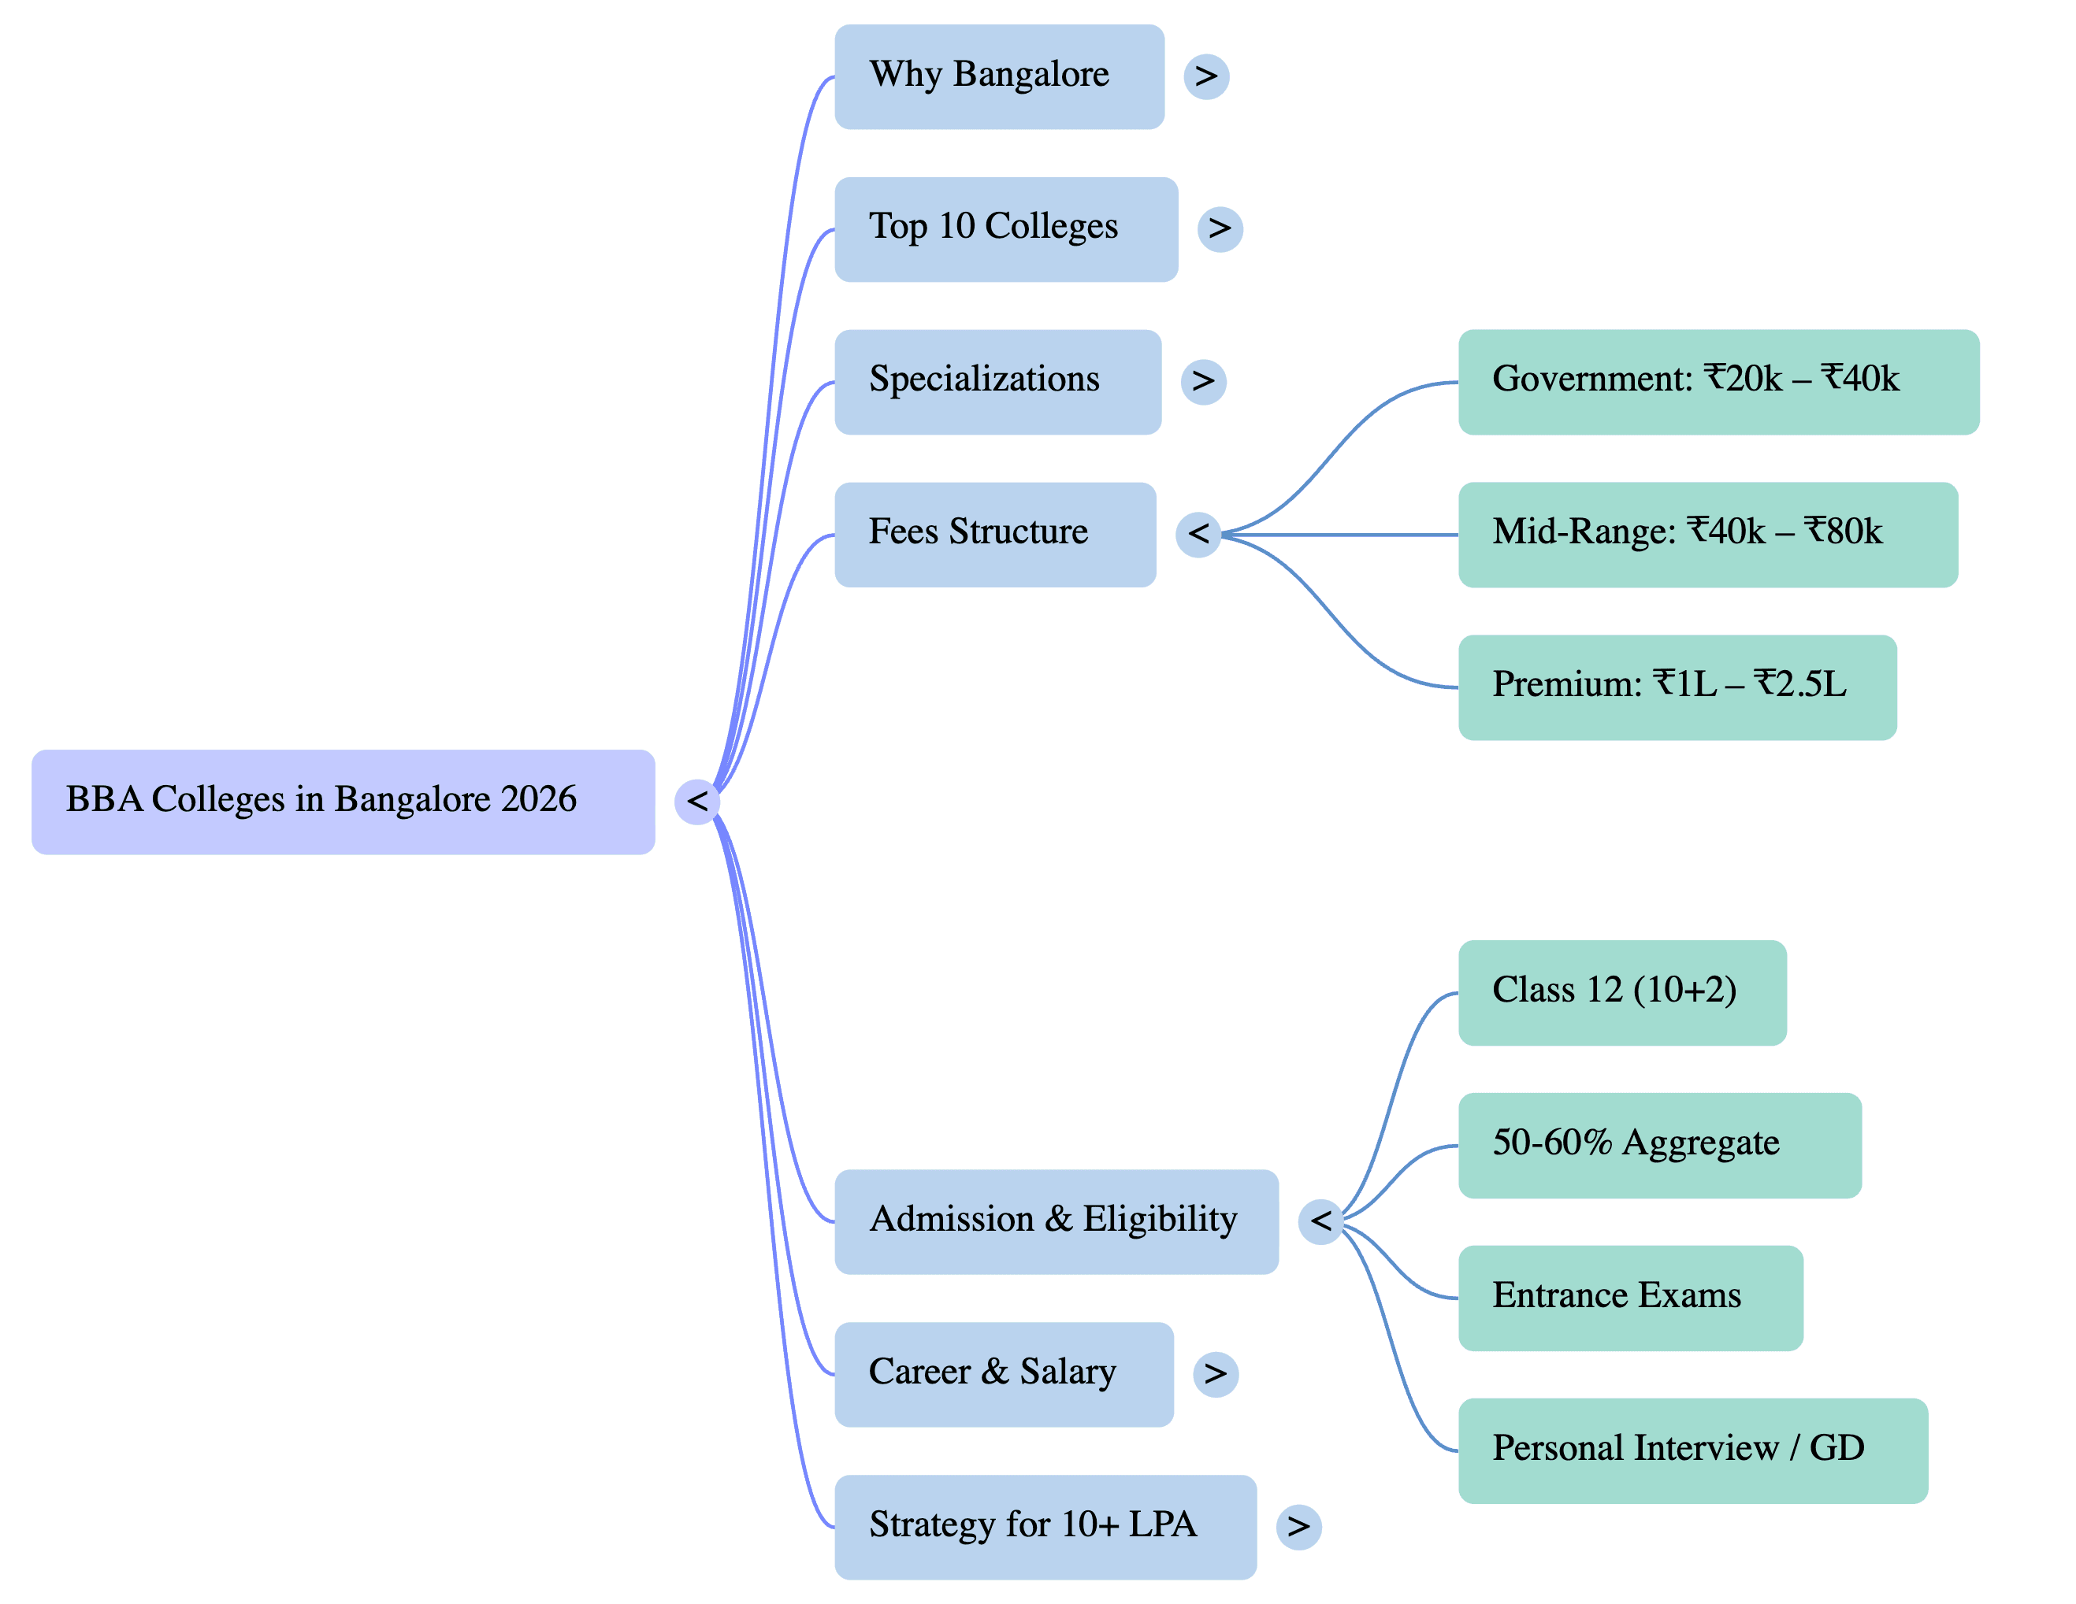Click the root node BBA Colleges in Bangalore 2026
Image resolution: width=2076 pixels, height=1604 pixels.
(x=342, y=802)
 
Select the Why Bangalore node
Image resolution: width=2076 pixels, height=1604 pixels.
(x=998, y=77)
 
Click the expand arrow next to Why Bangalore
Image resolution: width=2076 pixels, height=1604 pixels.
(x=1205, y=77)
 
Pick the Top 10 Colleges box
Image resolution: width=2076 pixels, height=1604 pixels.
(x=1005, y=229)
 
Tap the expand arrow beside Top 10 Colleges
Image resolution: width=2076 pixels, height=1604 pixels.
(x=1220, y=229)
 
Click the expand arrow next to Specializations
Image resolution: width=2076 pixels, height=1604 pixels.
(x=1202, y=382)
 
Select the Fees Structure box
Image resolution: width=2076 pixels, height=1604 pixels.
(x=994, y=534)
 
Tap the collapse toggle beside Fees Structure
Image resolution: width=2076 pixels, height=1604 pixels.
(x=1198, y=535)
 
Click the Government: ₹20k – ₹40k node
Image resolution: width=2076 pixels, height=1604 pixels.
(x=1718, y=382)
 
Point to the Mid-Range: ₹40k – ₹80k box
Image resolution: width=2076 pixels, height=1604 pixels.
(x=1707, y=534)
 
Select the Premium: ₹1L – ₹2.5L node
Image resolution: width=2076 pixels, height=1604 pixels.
(x=1677, y=687)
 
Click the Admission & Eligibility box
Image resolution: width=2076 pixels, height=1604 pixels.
(x=1055, y=1221)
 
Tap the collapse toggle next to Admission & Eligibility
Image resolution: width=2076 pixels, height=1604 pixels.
(x=1320, y=1222)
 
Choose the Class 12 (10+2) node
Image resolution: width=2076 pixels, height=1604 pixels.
(x=1621, y=993)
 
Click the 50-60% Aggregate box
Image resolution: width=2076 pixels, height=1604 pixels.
(x=1658, y=1145)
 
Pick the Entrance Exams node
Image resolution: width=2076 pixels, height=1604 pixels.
(x=1630, y=1298)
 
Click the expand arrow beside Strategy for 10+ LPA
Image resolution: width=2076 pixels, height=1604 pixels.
(x=1298, y=1527)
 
